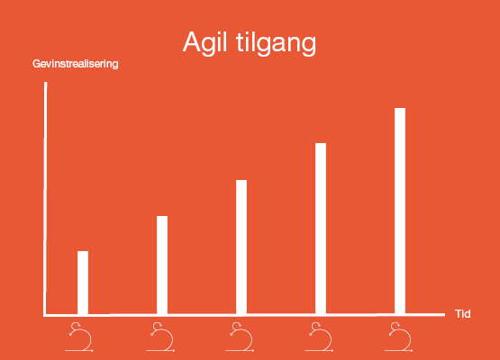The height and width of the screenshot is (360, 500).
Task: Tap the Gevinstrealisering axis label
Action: (76, 65)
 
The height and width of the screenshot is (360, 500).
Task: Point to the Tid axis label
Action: (463, 314)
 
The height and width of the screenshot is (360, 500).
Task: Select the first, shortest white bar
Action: (83, 283)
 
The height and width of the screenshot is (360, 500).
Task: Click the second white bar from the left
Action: (162, 265)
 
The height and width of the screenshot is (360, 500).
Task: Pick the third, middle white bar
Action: (241, 247)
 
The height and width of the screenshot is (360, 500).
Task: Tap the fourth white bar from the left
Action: (321, 229)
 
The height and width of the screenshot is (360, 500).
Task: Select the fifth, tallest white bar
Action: (400, 211)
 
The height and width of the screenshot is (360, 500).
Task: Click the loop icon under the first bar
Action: (84, 338)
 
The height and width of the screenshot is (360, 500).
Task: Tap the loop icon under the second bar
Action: (162, 338)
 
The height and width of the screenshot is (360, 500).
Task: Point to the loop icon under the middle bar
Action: (241, 338)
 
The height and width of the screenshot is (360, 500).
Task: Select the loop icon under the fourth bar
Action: (321, 338)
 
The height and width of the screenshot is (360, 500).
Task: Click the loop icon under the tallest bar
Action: (400, 338)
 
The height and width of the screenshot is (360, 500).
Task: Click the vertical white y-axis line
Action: (44, 198)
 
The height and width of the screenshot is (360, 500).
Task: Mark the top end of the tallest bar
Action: (400, 109)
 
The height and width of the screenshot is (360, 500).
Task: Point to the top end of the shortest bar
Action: (83, 252)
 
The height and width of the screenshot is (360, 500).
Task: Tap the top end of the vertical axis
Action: (44, 84)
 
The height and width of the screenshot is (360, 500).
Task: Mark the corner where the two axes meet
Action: (44, 315)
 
